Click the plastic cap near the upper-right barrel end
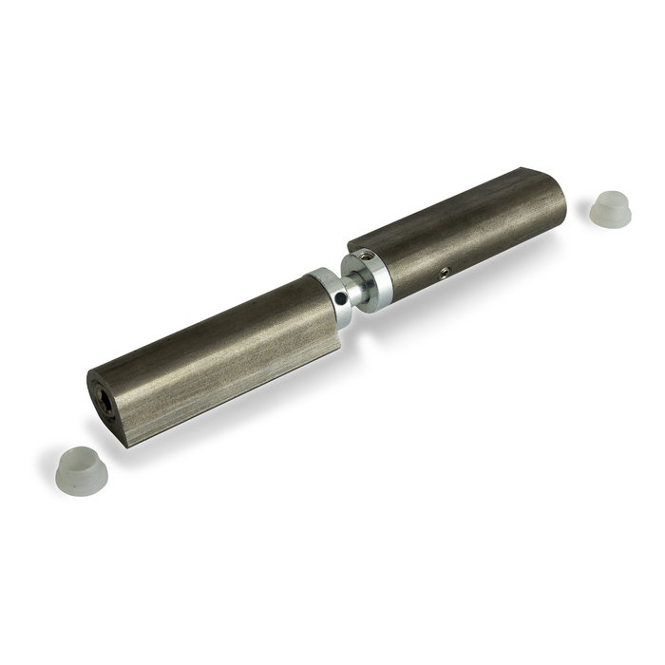click(x=609, y=208)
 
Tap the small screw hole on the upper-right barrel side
click(x=444, y=273)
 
